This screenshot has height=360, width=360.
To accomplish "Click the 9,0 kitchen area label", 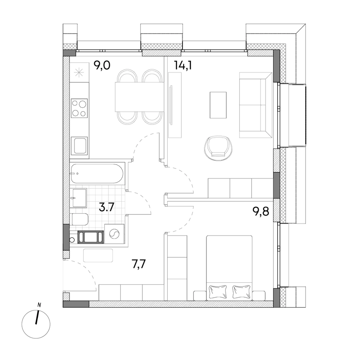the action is click(x=102, y=65).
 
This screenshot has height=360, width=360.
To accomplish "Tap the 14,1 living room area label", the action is click(x=183, y=65).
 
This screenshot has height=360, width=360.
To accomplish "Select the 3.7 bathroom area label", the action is click(x=106, y=208).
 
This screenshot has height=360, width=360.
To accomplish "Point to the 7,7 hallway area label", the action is click(x=139, y=264).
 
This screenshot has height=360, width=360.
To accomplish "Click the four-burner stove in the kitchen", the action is click(x=79, y=108).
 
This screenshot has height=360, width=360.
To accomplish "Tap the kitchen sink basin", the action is click(x=79, y=146).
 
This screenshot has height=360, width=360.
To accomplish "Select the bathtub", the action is click(x=97, y=173).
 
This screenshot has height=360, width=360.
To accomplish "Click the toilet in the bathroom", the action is click(x=80, y=220).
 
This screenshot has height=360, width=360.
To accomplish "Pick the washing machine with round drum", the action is click(x=114, y=234).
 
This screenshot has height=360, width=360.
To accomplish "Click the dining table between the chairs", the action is click(x=139, y=97).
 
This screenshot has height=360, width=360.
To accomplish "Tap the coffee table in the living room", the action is click(x=218, y=105).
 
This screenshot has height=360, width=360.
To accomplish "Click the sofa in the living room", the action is click(x=256, y=105).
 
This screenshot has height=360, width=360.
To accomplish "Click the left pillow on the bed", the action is click(x=218, y=292).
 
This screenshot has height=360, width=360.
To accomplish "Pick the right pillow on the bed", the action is click(x=241, y=292).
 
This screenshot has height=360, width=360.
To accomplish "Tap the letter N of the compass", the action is click(x=40, y=305).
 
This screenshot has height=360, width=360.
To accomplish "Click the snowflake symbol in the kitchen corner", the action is click(x=79, y=73).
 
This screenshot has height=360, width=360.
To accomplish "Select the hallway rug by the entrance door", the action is click(x=98, y=255).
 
